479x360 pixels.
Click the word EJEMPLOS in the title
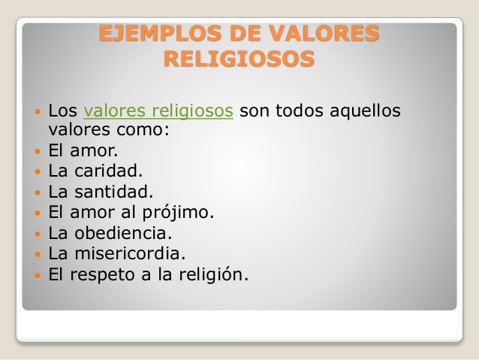pos(160,33)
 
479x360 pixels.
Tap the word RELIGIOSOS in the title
pos(239,59)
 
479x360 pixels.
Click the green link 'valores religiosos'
pos(158,110)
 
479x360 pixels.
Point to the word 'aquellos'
pos(365,110)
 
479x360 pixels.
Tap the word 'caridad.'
pos(109,171)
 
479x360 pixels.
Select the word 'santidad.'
pos(113,192)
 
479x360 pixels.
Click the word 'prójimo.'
pos(178,213)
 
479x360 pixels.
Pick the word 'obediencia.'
pos(123,233)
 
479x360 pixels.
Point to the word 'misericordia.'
pos(130,253)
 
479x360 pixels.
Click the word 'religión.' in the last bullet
pos(213,274)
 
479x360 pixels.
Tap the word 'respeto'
pos(103,275)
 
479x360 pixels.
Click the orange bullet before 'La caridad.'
pos(38,171)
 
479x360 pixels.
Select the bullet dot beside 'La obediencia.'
pos(38,234)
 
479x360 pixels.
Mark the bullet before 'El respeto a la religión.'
pos(38,275)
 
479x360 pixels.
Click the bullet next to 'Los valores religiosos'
pos(38,111)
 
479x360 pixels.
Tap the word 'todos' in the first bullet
pos(300,110)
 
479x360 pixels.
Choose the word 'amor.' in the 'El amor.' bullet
pos(94,151)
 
